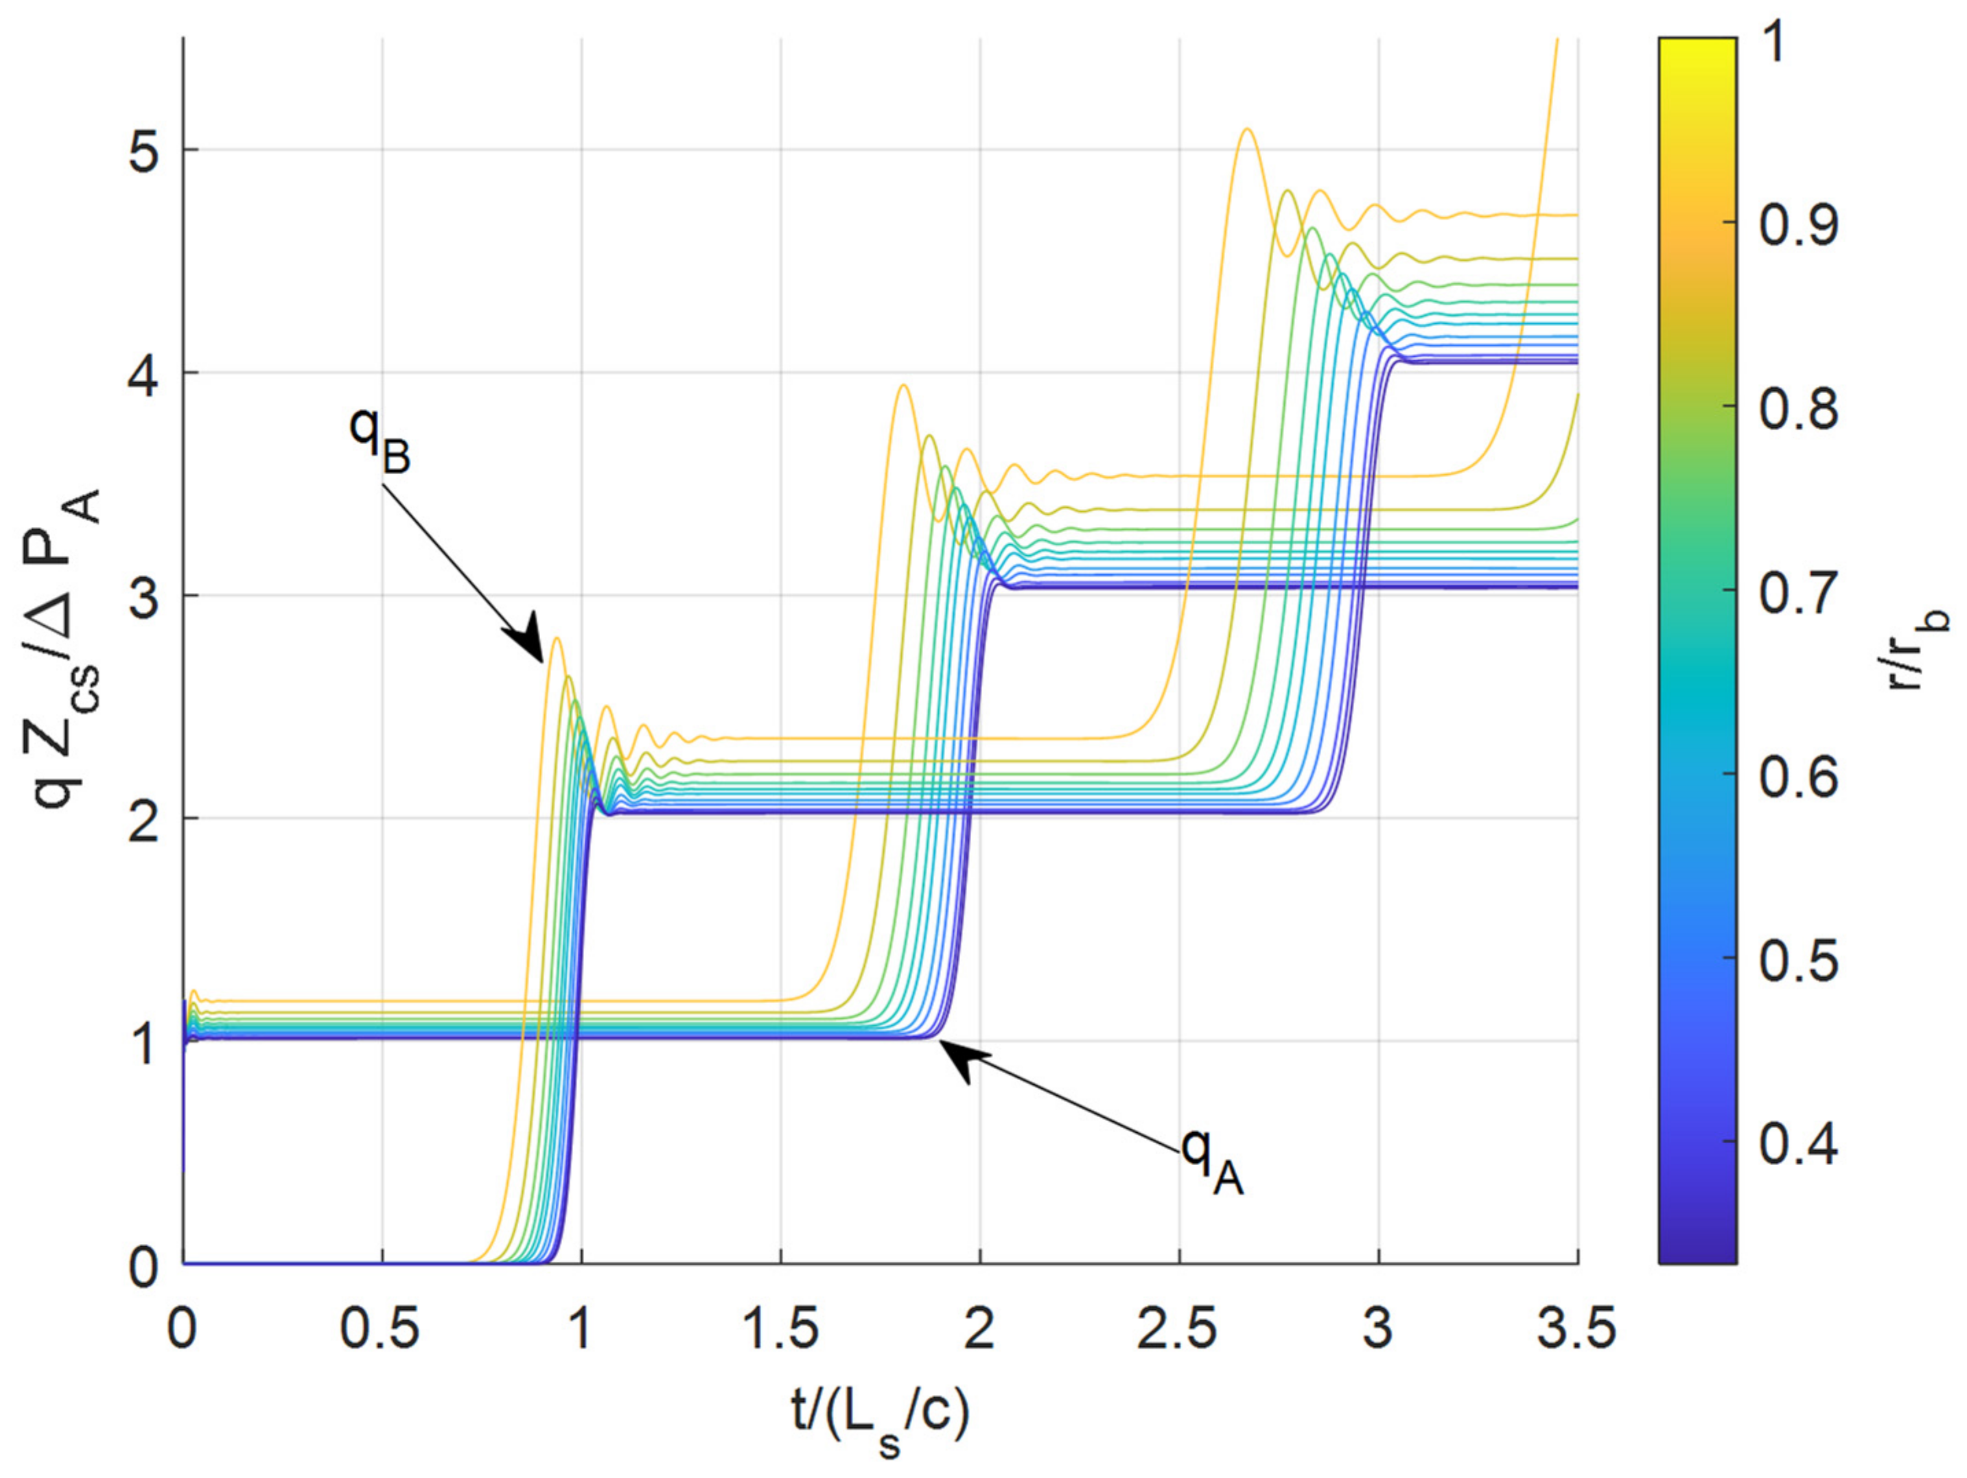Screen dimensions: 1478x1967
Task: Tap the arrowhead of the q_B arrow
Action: pyautogui.click(x=533, y=648)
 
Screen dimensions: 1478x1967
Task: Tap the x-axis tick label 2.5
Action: pyautogui.click(x=1178, y=1330)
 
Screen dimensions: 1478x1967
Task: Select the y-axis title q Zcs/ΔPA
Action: pyautogui.click(x=67, y=649)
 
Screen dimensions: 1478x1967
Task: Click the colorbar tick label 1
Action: pyautogui.click(x=1775, y=43)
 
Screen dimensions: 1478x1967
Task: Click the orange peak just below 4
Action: pyautogui.click(x=903, y=386)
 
